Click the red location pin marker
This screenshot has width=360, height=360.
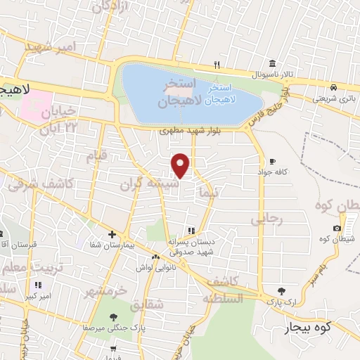click(x=181, y=165)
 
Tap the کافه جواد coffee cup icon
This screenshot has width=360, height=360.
click(x=273, y=161)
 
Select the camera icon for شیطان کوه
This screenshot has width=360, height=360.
click(x=337, y=228)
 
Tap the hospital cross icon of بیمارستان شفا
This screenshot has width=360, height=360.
click(x=112, y=235)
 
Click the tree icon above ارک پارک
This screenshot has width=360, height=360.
click(x=282, y=290)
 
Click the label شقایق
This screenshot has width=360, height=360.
click(x=147, y=304)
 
